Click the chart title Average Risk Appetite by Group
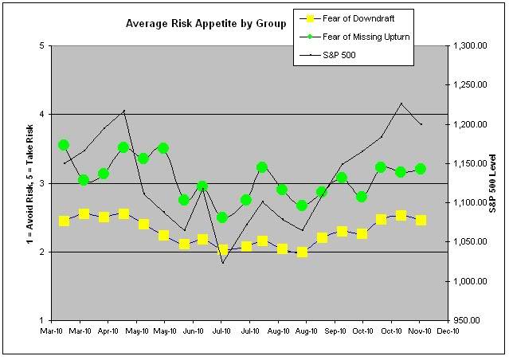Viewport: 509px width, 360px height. tap(206, 24)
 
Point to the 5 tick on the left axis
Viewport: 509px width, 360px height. tap(41, 46)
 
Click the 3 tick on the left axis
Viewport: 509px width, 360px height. tap(41, 184)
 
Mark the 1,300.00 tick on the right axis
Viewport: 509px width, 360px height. tap(470, 46)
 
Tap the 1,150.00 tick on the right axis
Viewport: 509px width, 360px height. tap(470, 164)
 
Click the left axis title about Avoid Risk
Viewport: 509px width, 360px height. tap(18, 183)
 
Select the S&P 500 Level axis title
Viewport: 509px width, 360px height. tap(499, 183)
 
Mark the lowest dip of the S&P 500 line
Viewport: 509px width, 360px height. tap(222, 263)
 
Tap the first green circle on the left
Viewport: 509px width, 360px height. tap(64, 145)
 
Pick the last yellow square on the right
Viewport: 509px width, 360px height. tap(421, 220)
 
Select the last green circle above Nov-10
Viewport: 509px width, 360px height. tap(421, 169)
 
